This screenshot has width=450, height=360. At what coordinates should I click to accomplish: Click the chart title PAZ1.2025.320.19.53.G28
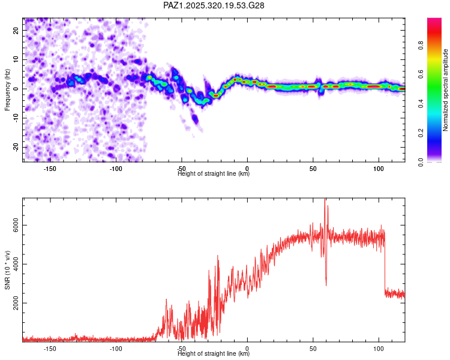tap(214, 5)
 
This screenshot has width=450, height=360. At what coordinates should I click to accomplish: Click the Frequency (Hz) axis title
tap(7, 89)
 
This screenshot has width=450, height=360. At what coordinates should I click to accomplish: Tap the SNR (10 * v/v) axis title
tap(7, 271)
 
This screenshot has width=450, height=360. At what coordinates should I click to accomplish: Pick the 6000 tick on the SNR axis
tap(12, 225)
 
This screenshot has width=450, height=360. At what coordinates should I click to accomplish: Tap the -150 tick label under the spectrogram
tap(50, 169)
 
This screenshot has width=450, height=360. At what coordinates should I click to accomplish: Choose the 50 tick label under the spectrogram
tap(313, 169)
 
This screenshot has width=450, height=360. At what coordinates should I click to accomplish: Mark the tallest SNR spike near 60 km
tap(325, 200)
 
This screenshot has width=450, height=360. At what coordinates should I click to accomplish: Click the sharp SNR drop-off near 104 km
tap(384, 264)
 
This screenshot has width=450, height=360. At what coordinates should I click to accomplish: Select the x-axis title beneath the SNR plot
tap(214, 354)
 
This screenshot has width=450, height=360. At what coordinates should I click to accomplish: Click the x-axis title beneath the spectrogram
tap(214, 174)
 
